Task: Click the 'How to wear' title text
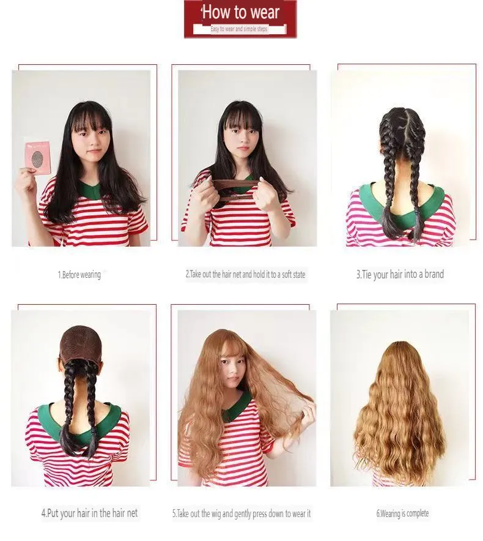[240, 12]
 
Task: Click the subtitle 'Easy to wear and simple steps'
[239, 29]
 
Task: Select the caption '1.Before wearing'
[79, 275]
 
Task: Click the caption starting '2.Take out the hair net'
[245, 275]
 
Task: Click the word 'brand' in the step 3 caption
[430, 275]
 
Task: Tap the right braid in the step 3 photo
[415, 177]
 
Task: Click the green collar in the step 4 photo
[110, 422]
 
